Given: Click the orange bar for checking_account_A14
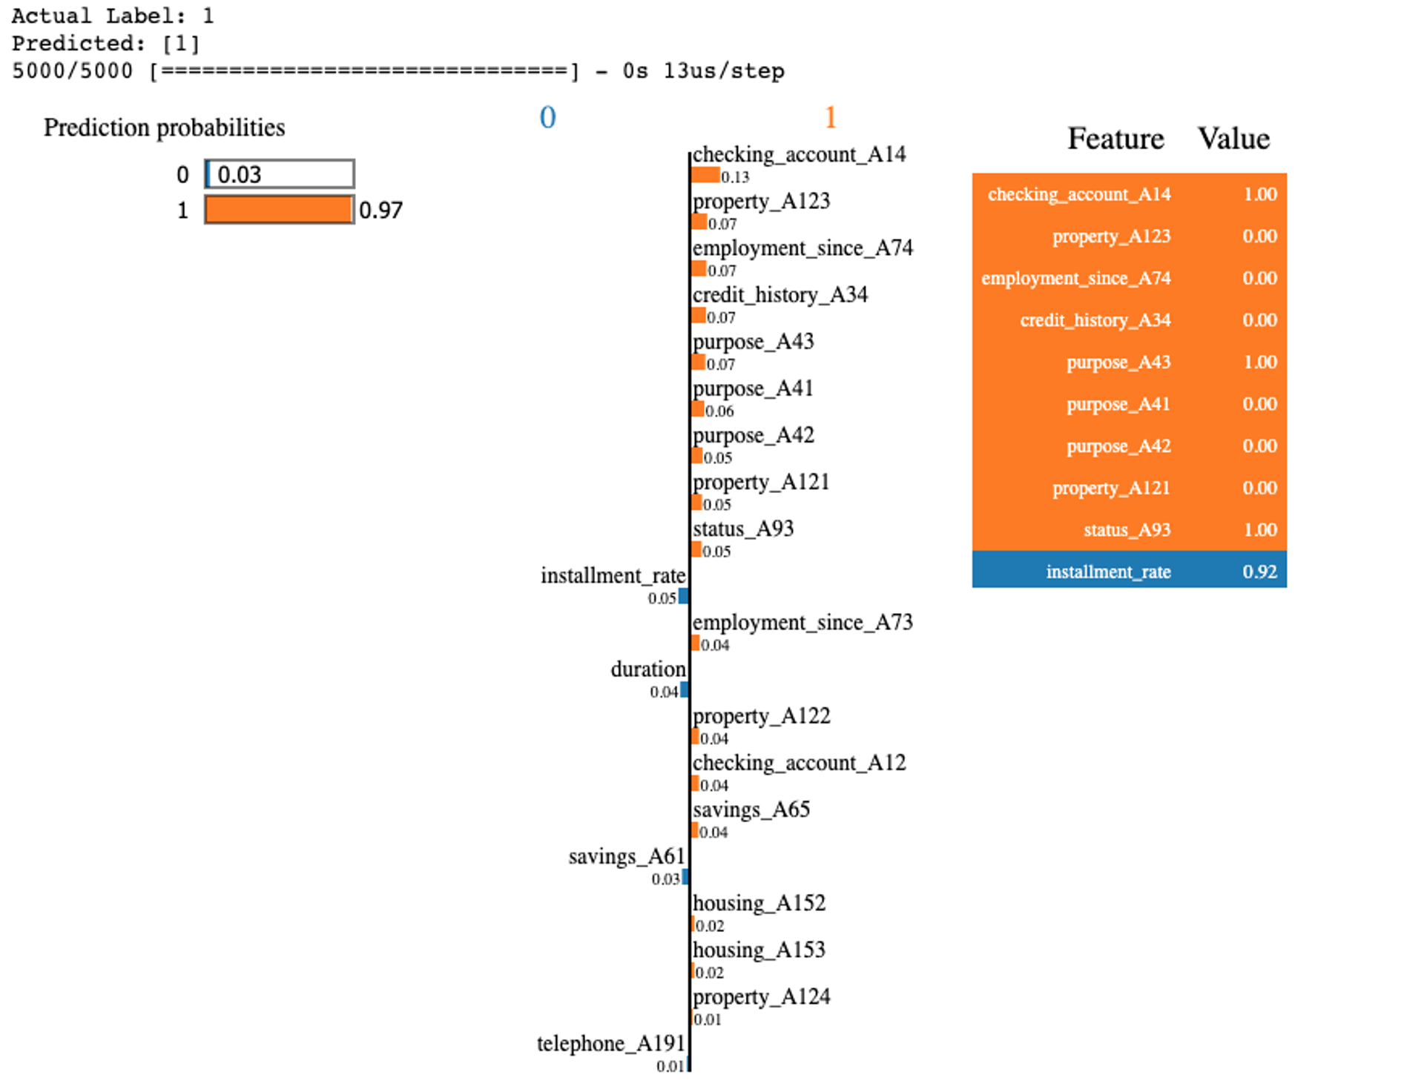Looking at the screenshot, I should coord(705,176).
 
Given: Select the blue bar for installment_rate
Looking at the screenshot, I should coord(683,596).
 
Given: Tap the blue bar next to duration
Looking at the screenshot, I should coord(685,690).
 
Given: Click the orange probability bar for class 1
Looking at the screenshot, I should coord(278,210).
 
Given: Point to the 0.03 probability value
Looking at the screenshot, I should coord(239,175).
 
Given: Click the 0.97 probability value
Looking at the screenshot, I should coord(380,211).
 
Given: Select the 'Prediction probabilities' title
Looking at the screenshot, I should coord(164,128).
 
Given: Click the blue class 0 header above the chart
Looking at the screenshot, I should coord(547,117).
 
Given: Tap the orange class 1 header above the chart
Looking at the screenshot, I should coord(830,117).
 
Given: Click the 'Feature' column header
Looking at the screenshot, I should coord(1115,139).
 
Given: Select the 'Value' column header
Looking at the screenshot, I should coord(1233,139).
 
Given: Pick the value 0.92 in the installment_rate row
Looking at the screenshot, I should coord(1259,572).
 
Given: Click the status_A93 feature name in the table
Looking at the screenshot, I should coord(1127,530).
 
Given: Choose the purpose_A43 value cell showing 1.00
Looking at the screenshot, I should coord(1259,362).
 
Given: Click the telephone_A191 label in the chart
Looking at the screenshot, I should coord(610,1043).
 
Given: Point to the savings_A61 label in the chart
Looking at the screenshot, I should coord(627,856).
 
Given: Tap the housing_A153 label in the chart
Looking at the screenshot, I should coord(759,950).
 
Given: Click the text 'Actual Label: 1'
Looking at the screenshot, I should coord(113,16).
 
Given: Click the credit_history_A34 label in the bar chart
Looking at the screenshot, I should coord(779,295).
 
